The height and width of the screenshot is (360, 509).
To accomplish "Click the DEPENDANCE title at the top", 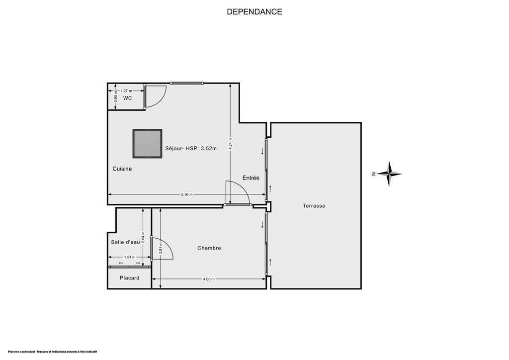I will [254, 12].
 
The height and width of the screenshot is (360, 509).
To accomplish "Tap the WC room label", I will [128, 98].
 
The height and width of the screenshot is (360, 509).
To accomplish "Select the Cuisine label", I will [122, 169].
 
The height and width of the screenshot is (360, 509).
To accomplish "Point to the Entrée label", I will [251, 178].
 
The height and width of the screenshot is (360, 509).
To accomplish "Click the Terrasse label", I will [314, 206].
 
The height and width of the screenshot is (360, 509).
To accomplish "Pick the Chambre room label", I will [209, 248].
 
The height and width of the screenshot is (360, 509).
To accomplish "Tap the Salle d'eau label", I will [125, 242].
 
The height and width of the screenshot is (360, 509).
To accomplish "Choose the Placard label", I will [130, 278].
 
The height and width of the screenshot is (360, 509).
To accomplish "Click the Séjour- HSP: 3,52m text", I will [191, 148].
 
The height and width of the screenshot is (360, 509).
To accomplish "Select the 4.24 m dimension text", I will [231, 143].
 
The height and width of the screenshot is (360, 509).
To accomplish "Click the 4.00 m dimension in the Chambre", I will [209, 279].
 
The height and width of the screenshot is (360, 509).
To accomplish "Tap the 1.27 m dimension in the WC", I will [127, 91].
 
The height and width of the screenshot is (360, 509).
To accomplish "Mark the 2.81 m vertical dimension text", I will [161, 248].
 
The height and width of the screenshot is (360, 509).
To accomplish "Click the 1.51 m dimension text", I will [130, 258].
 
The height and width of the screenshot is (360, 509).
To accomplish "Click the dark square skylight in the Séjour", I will [148, 144].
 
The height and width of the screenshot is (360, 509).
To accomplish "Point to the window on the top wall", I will [187, 83].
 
